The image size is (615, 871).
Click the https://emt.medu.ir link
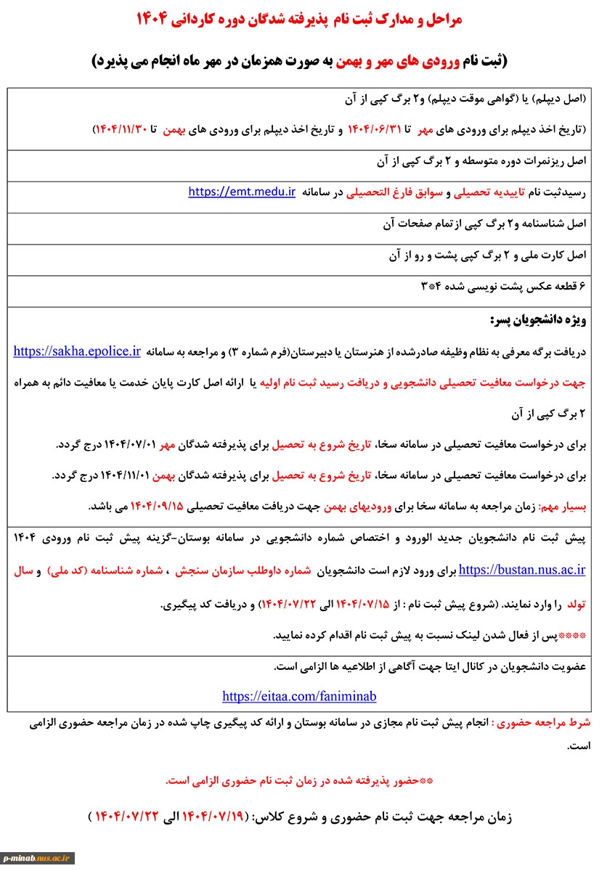click(x=242, y=192)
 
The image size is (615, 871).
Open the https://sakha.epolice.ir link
click(x=77, y=351)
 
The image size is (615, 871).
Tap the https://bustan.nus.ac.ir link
click(x=523, y=570)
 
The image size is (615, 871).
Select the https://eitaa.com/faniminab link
click(x=299, y=696)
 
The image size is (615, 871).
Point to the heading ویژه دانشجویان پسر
click(x=538, y=320)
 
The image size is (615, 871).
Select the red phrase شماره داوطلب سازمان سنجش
click(x=354, y=570)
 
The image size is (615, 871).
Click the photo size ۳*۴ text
click(x=430, y=287)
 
